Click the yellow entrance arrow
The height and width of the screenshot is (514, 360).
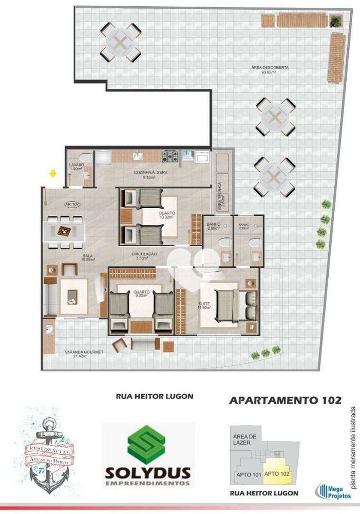coord(52,174)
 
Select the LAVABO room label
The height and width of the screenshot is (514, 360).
coord(77,167)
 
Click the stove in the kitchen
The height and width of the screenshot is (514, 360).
coord(170,155)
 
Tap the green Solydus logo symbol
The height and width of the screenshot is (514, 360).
coord(148,445)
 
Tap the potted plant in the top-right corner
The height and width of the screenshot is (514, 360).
coord(335,21)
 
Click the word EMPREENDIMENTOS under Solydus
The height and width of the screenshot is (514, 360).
coord(148,483)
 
